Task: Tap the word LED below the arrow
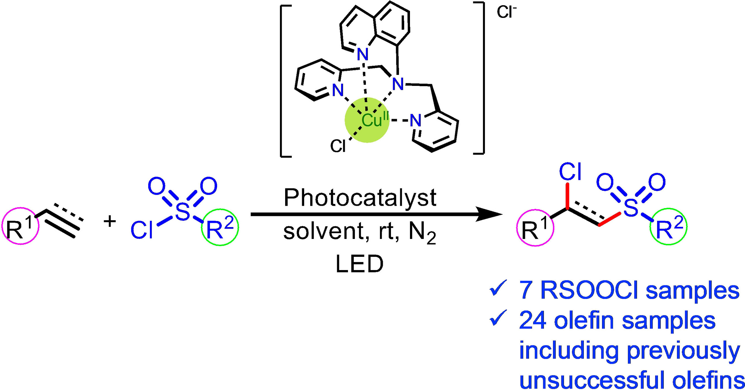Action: point(360,264)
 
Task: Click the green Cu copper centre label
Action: point(372,120)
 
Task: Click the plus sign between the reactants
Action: point(110,222)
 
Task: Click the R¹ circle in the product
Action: point(535,227)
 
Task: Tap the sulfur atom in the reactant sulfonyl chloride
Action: point(183,212)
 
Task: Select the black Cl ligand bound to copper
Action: point(338,146)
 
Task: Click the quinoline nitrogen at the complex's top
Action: point(363,54)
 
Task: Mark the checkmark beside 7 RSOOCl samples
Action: point(498,289)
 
